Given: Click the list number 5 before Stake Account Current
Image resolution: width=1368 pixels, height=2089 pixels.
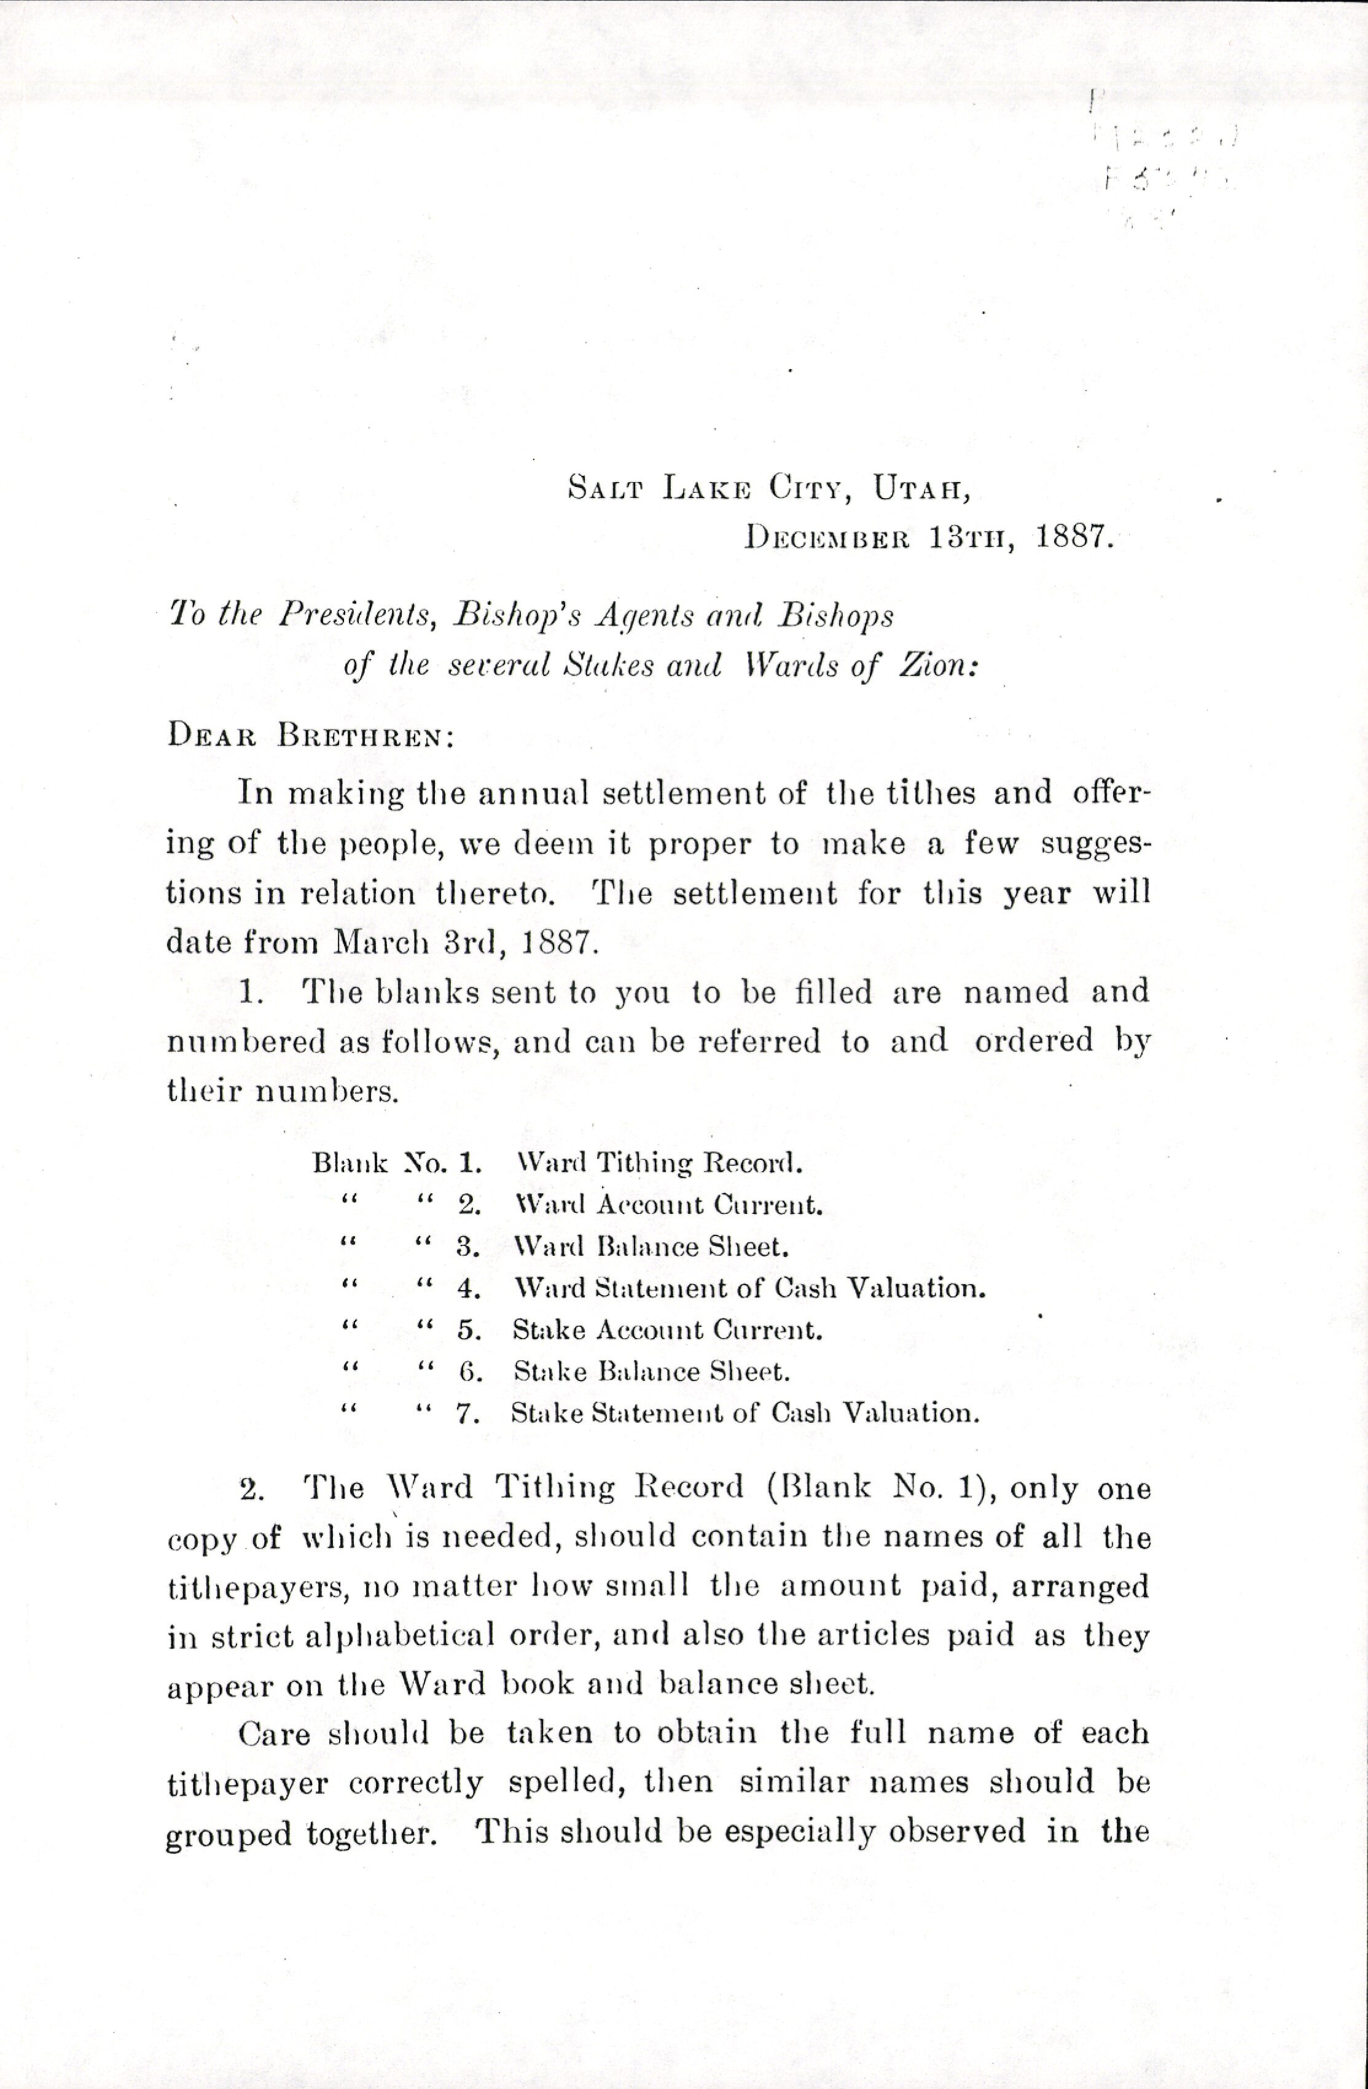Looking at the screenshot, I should click(469, 1330).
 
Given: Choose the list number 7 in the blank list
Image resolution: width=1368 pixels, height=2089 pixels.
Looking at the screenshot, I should click(467, 1413).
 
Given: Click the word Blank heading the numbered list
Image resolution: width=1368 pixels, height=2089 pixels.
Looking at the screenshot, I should click(350, 1164).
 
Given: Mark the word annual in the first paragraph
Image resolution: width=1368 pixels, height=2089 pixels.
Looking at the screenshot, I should click(528, 793).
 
